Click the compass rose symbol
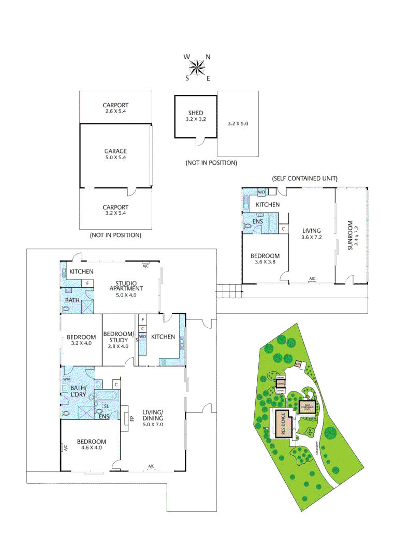pos(197,67)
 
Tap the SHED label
pos(195,113)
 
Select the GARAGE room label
pos(115,151)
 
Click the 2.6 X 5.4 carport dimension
pos(115,111)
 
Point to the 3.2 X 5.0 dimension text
pos(238,124)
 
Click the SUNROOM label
pos(350,236)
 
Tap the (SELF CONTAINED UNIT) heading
pos(304,178)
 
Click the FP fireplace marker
pos(131,418)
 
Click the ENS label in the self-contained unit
pos(258,221)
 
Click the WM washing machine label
pos(66,380)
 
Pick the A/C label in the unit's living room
pos(312,279)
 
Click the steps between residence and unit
pos(227,291)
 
